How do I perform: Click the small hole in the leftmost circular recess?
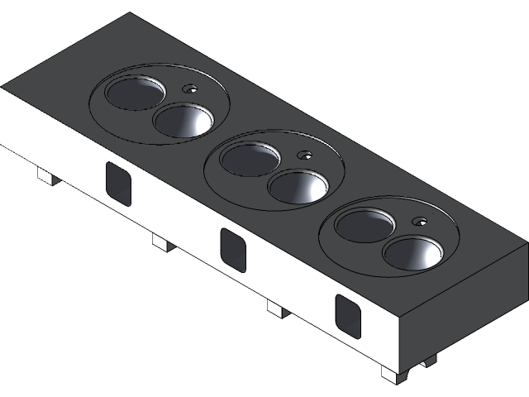(190, 88)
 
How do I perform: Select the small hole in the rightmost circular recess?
(421, 221)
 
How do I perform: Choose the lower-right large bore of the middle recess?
(298, 187)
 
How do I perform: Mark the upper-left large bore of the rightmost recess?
(364, 225)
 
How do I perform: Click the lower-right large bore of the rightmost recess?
(413, 253)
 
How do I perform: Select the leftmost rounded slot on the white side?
(118, 183)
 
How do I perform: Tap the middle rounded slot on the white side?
(233, 249)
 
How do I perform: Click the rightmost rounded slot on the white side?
(348, 315)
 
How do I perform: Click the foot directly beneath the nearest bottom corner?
(393, 375)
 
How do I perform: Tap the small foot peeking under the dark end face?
(428, 361)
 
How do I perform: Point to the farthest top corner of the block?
(126, 14)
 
